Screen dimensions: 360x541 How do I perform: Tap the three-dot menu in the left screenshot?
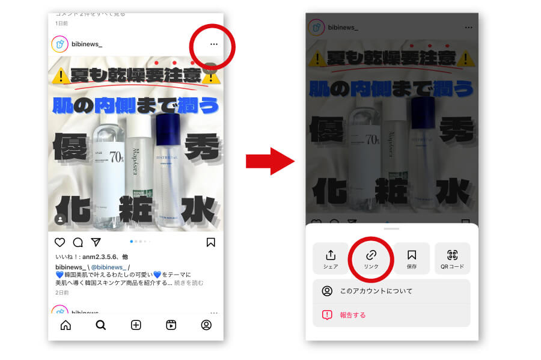213,44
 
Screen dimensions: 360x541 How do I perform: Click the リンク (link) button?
371,258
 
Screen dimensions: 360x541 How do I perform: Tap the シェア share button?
331,258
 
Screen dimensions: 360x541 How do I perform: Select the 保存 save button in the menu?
412,258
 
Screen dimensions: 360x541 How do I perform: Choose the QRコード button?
452,258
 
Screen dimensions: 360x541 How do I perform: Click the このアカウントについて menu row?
391,291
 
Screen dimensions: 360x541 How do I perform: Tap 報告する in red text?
352,315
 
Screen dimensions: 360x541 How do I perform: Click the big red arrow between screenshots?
269,162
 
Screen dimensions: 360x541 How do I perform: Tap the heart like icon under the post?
60,242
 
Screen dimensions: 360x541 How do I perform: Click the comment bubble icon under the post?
78,242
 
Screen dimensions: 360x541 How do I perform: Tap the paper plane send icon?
96,242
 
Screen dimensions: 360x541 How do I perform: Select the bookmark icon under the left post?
210,242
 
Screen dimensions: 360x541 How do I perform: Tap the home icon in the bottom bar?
66,325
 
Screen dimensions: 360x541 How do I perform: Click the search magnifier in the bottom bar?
101,325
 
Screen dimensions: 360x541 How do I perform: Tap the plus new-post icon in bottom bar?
136,325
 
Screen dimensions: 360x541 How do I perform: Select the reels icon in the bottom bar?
171,325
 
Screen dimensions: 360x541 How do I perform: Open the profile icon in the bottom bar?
206,325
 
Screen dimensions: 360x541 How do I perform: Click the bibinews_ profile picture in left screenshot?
60,44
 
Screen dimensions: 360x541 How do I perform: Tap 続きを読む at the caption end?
189,282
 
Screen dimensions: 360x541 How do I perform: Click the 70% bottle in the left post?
107,174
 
